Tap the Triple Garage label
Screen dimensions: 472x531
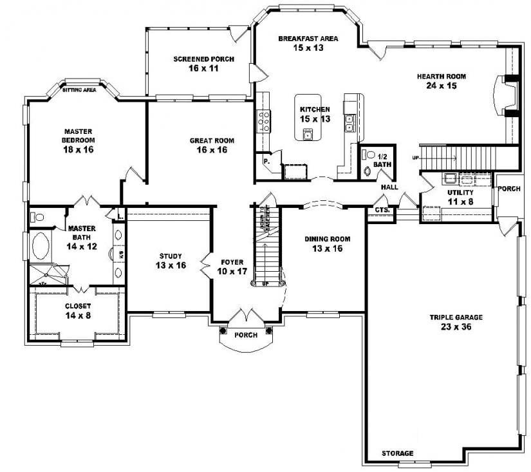click(456, 317)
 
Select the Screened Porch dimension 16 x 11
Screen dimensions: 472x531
click(203, 68)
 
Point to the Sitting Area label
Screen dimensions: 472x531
click(80, 90)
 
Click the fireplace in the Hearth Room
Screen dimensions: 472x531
click(502, 95)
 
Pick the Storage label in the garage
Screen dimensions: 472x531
click(397, 453)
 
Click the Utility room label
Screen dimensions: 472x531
click(460, 193)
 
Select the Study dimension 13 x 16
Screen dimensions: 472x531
click(171, 265)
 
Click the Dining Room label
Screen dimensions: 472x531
click(327, 239)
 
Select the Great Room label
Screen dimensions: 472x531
click(212, 140)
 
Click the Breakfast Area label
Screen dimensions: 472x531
click(308, 39)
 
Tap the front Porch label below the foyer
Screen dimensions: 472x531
click(246, 335)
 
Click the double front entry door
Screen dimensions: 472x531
click(246, 316)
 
